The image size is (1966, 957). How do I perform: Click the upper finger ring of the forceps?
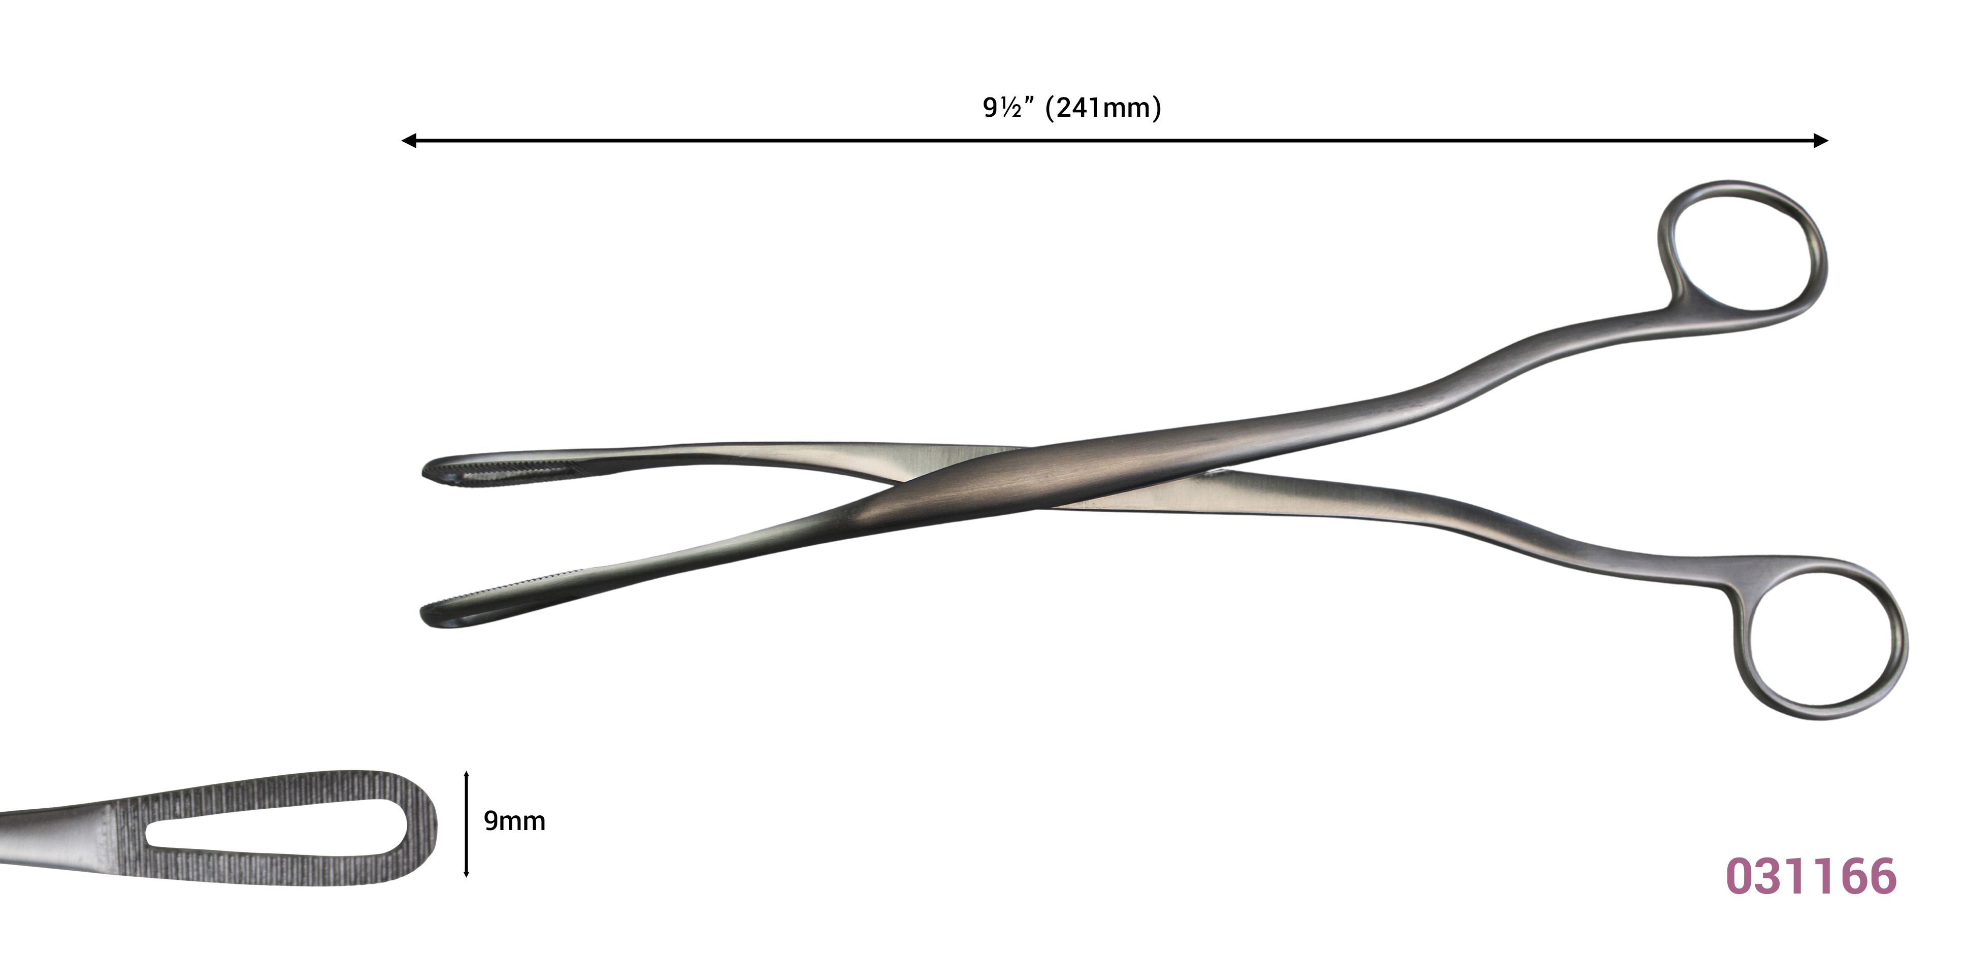[1664, 244]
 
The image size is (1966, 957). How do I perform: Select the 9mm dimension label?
[514, 821]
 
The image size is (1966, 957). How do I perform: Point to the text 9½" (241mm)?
[1071, 108]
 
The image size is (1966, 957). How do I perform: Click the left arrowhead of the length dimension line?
[409, 141]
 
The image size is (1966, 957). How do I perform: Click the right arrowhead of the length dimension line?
[1821, 141]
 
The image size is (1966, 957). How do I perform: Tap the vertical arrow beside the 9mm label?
[466, 824]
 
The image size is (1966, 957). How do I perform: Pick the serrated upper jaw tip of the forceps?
[496, 470]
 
